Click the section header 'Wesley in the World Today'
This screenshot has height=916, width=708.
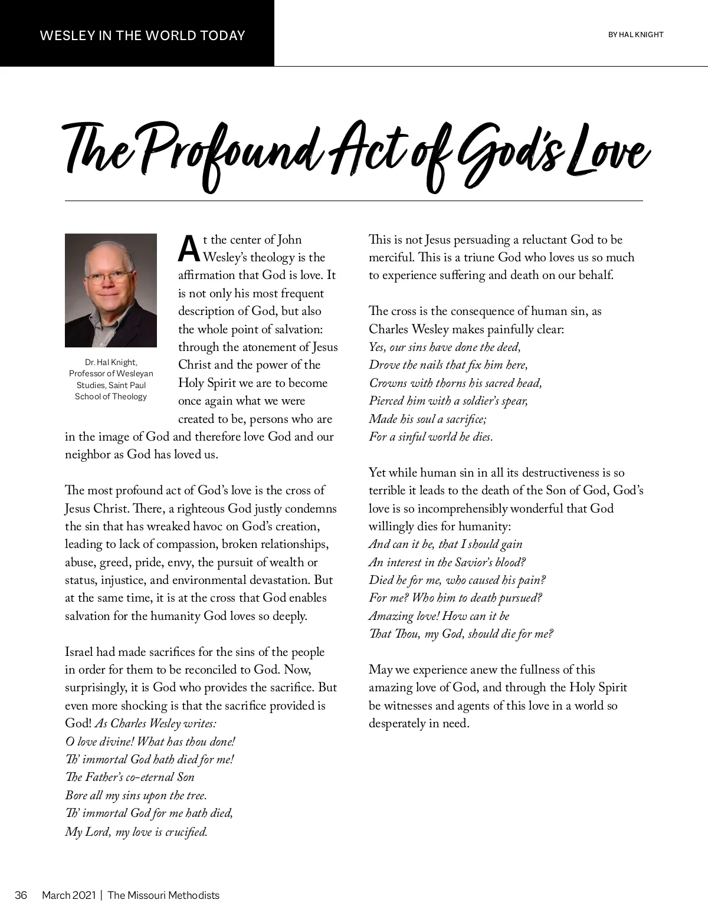(142, 35)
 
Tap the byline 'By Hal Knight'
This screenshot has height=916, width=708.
(635, 35)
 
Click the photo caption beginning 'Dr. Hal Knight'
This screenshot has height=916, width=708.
(111, 379)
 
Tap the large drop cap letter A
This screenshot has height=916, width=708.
(188, 249)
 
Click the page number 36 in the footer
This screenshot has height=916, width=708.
(21, 895)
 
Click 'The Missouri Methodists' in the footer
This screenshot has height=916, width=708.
(163, 895)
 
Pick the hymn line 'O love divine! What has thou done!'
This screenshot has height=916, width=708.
(150, 741)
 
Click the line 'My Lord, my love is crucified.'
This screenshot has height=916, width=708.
(136, 832)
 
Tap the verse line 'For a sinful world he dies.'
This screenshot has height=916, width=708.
(431, 436)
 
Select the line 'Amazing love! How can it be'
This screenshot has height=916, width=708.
(439, 616)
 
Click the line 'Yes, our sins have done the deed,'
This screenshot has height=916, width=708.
(445, 347)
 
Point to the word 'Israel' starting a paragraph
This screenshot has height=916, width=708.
(79, 652)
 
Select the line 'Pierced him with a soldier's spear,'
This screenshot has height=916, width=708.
(448, 401)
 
